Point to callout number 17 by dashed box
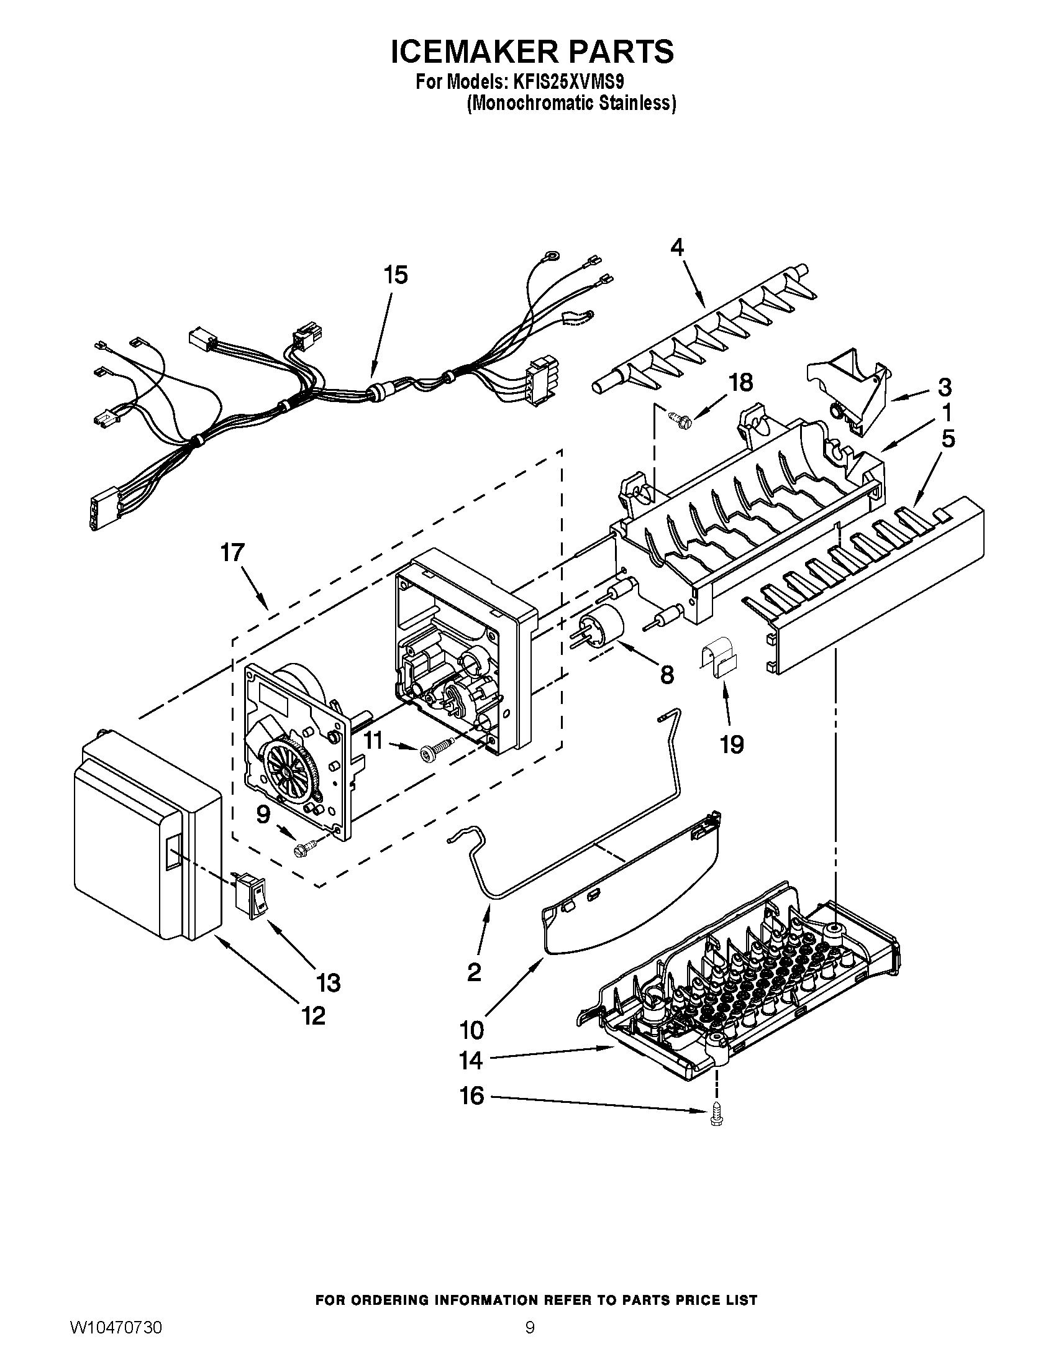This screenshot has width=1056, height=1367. point(232,552)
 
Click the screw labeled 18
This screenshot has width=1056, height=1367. point(676,416)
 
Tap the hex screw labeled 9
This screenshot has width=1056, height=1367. point(305,848)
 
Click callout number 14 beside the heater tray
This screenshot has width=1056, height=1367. point(471,1060)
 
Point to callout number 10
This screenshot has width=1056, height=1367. point(471,1029)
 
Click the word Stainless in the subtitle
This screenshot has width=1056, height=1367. point(637,103)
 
